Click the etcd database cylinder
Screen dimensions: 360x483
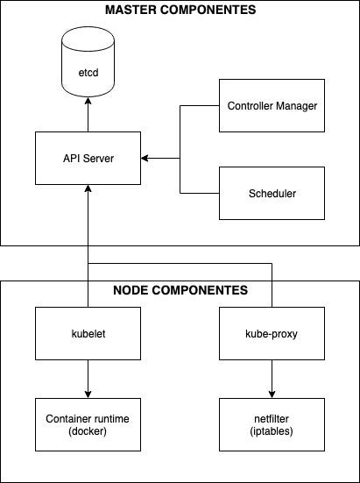(88, 61)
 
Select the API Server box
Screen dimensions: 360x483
(88, 159)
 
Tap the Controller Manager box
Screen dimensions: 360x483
(272, 106)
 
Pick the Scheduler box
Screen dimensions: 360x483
(272, 194)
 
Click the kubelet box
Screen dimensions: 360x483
(88, 334)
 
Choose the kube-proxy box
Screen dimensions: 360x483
(272, 334)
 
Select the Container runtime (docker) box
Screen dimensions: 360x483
(88, 425)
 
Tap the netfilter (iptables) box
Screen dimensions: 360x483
(272, 425)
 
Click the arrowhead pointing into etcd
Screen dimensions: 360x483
(88, 101)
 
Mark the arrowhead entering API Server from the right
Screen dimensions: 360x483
(145, 159)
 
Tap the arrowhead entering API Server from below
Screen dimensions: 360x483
(88, 188)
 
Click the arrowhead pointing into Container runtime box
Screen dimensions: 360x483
(88, 394)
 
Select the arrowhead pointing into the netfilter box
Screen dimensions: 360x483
(272, 394)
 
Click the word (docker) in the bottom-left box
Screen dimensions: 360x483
(88, 431)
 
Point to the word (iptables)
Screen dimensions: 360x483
(272, 431)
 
